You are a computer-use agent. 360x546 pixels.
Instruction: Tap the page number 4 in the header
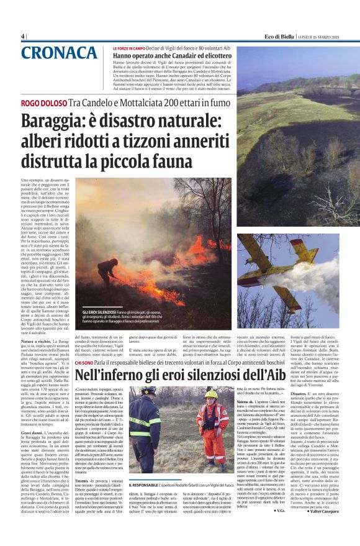click(23, 36)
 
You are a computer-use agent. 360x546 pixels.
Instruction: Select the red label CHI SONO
click(83, 362)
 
